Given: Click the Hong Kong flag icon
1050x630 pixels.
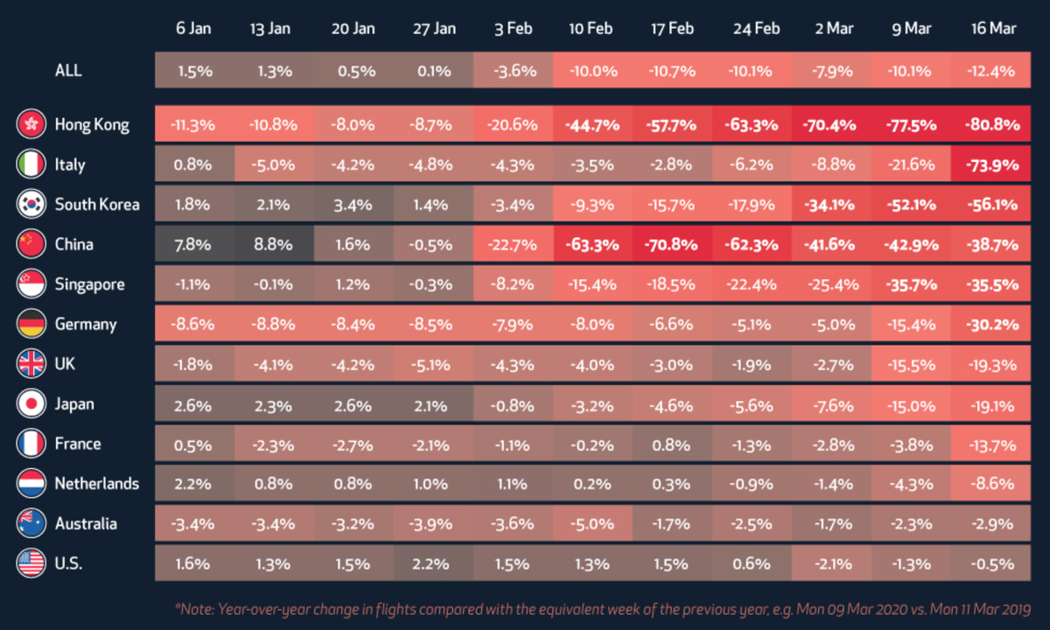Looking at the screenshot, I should point(31,124).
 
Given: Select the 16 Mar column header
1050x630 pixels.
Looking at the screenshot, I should point(993,29).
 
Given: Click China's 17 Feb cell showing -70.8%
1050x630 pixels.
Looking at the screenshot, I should point(672,244).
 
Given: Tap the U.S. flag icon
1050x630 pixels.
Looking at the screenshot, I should point(31,563).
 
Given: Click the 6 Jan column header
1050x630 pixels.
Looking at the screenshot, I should point(193,29).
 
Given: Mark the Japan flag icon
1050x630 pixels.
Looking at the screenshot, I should point(31,404).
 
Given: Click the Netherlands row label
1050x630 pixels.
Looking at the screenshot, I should point(96,484).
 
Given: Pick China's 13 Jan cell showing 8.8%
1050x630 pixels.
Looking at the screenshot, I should point(273,244).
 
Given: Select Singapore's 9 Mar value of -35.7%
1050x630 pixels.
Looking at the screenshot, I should point(912,284).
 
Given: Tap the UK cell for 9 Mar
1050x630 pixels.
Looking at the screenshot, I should point(912,364).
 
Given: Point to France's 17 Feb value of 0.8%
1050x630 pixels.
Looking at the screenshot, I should point(672,444).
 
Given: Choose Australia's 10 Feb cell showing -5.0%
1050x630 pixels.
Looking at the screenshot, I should point(592,524).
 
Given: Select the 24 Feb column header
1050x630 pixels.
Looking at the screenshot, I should point(756,29).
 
